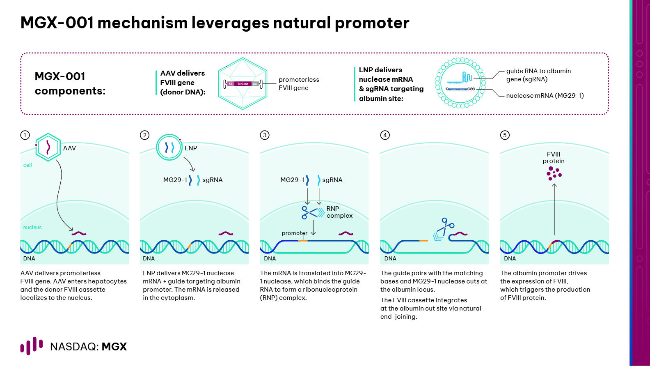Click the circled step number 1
[x=25, y=135]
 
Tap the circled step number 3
[x=265, y=135]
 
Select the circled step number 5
[x=505, y=135]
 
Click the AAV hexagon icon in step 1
[x=48, y=147]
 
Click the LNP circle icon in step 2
[x=169, y=147]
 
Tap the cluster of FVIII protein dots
[x=554, y=173]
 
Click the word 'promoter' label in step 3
[x=294, y=233]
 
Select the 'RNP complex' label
[x=339, y=212]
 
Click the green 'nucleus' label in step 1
[x=32, y=228]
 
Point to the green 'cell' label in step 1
[x=27, y=165]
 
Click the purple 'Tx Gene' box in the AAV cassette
[x=243, y=84]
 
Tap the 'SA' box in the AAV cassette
[x=230, y=84]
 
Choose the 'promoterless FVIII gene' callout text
[x=299, y=84]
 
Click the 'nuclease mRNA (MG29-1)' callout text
[x=545, y=96]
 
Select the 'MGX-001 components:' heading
[x=70, y=84]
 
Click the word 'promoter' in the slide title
[x=372, y=23]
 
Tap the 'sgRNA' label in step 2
[x=213, y=180]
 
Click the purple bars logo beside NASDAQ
[x=32, y=346]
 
